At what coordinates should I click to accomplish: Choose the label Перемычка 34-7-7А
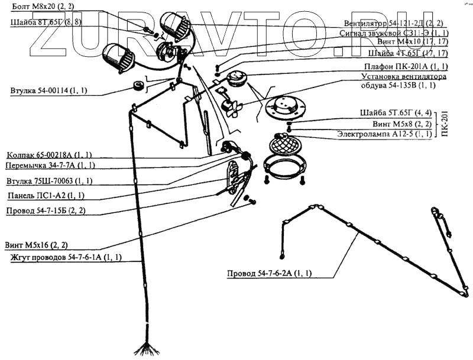50,166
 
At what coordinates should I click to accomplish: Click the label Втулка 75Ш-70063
49,181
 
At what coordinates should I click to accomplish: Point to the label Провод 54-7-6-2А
270,273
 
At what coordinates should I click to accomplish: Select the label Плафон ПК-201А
406,66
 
